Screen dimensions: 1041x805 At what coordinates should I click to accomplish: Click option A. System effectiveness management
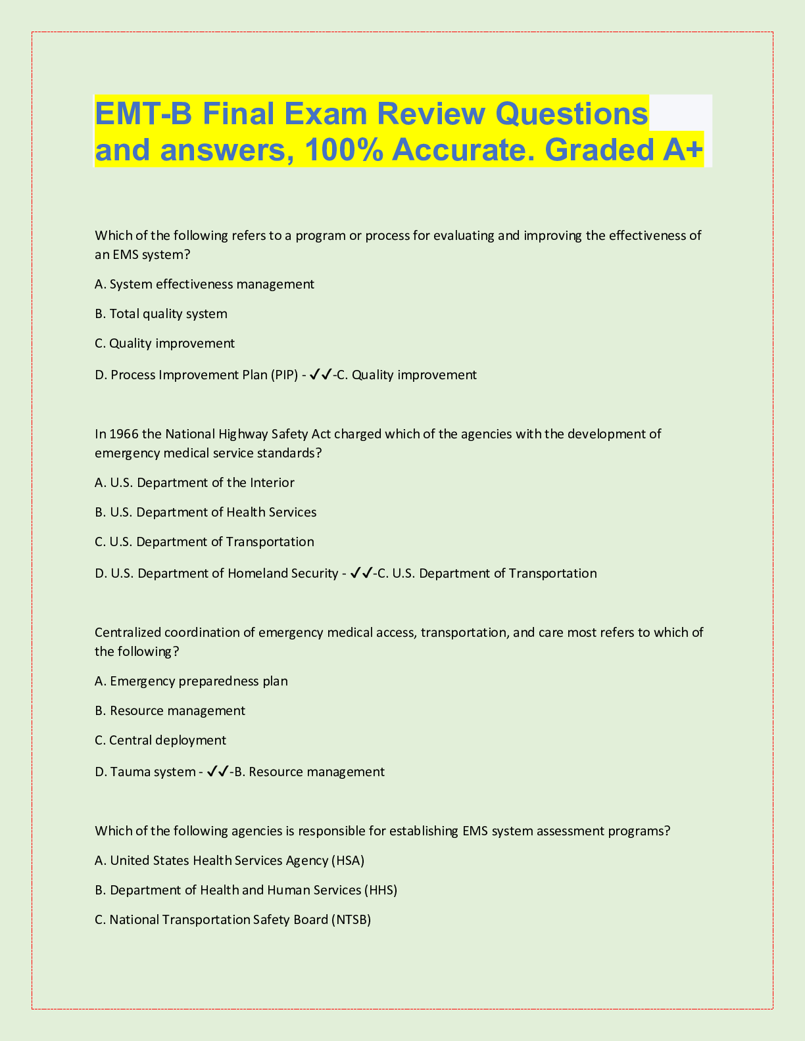(x=205, y=284)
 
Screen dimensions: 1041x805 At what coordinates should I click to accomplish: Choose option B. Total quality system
(x=161, y=313)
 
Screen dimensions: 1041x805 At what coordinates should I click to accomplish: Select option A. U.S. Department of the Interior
(x=195, y=482)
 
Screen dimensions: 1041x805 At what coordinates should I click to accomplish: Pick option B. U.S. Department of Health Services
(x=206, y=512)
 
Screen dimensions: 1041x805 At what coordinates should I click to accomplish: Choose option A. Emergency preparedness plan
(x=191, y=681)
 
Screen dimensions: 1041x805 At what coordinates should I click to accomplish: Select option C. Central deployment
(x=160, y=740)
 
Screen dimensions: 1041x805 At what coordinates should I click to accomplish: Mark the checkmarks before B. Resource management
(x=218, y=772)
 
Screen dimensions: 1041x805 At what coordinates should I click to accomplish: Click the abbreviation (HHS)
(x=381, y=890)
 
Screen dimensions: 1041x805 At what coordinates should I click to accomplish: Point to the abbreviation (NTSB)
(x=351, y=919)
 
